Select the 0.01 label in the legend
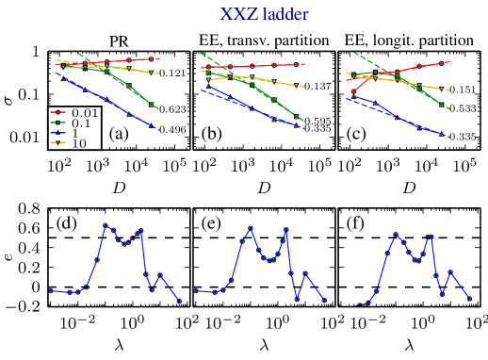[85, 113]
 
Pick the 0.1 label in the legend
[81, 123]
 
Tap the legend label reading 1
[74, 134]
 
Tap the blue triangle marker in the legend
[57, 134]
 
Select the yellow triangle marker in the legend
[57, 144]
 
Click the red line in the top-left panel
[122, 61]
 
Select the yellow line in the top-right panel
[415, 84]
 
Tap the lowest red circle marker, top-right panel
[353, 91]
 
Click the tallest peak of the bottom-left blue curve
[106, 225]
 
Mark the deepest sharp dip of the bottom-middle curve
[297, 300]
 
